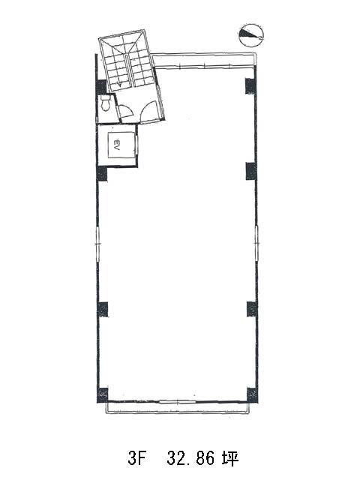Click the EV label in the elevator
[117, 144]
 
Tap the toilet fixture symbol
[106, 103]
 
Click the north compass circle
[250, 35]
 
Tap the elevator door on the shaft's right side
[136, 146]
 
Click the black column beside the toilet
[102, 86]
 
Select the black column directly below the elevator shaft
[102, 173]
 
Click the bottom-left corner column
[103, 395]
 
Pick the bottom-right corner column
[252, 394]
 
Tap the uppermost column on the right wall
[250, 86]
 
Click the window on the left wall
[97, 244]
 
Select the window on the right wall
[256, 243]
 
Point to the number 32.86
[190, 459]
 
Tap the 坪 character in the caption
[229, 459]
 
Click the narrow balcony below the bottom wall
[178, 408]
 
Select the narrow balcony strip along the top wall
[203, 60]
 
